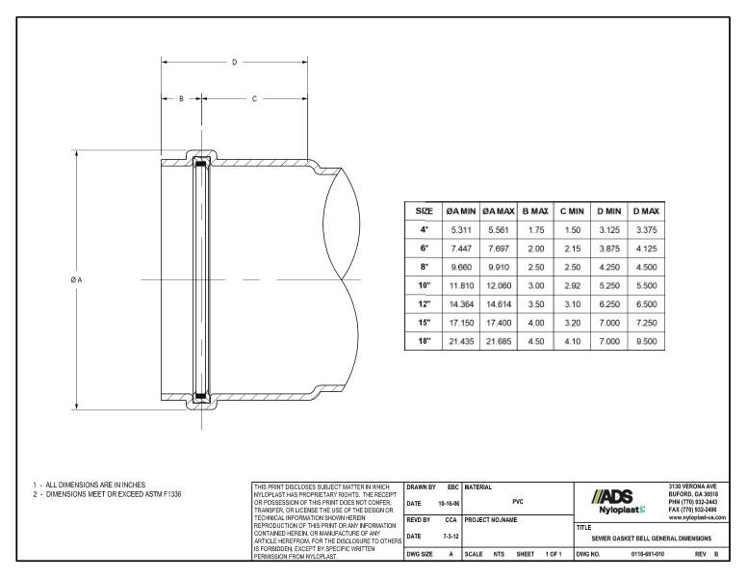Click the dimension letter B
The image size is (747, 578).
[x=181, y=98]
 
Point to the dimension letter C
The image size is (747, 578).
[x=255, y=98]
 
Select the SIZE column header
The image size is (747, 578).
[x=423, y=210]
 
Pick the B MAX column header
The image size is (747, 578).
[x=534, y=210]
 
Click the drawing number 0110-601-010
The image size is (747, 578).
[x=647, y=555]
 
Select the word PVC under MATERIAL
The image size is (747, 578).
[x=517, y=501]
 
